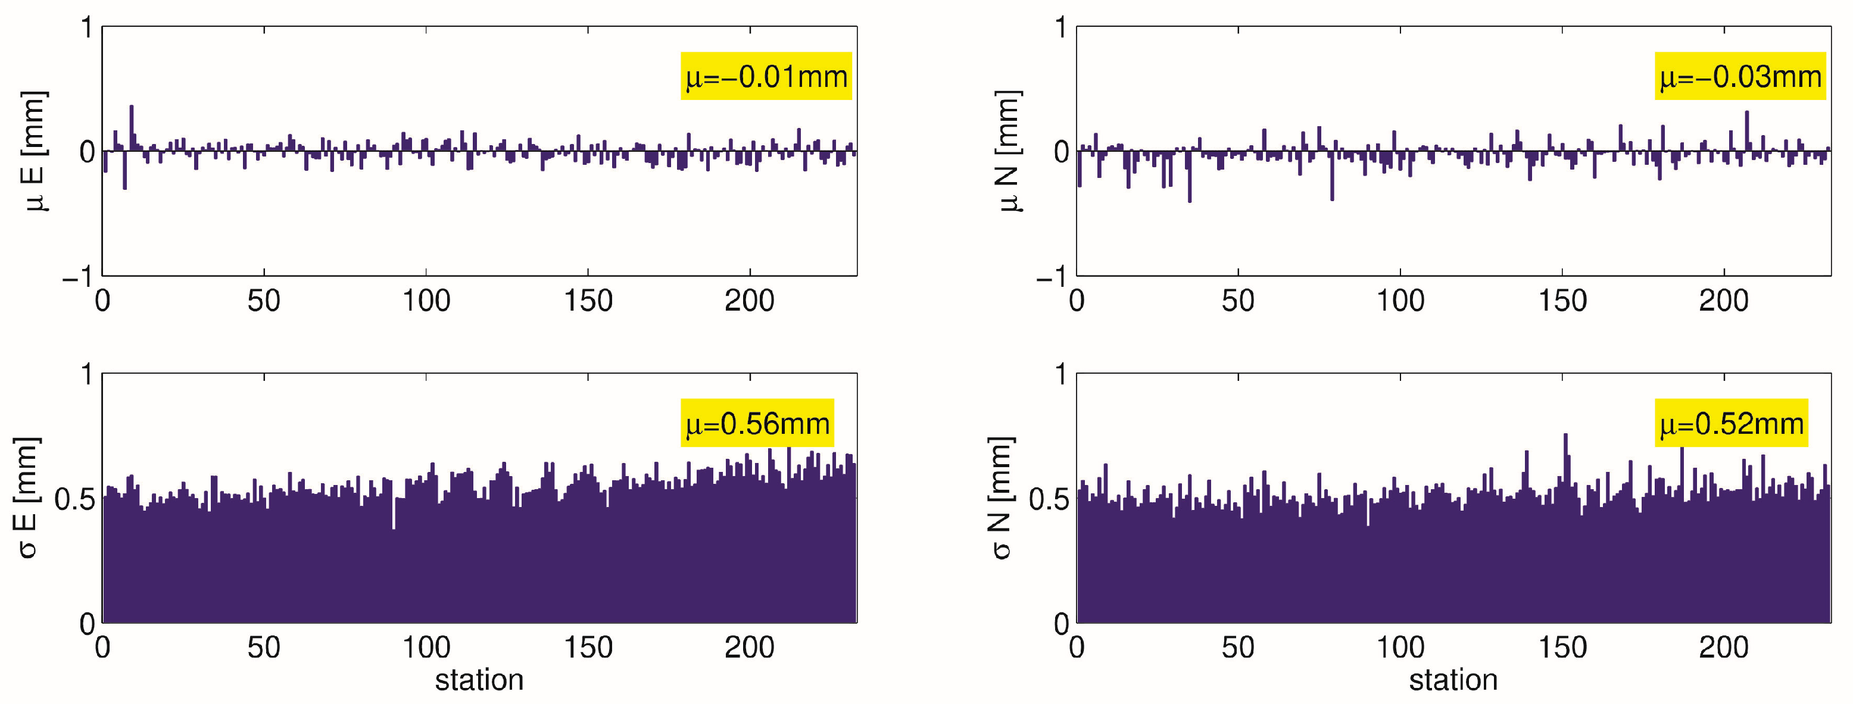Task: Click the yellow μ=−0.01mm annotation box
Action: [x=766, y=76]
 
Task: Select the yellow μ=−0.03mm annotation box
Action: [x=1740, y=76]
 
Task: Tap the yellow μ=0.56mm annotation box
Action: [x=757, y=423]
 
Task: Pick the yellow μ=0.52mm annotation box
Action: [x=1731, y=423]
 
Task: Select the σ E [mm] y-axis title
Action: [x=27, y=498]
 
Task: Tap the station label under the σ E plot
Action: [x=479, y=680]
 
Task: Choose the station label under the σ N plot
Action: [x=1453, y=680]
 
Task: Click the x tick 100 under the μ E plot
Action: [x=426, y=301]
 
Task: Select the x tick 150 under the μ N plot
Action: [x=1562, y=301]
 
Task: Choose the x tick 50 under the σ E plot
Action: [x=263, y=648]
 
